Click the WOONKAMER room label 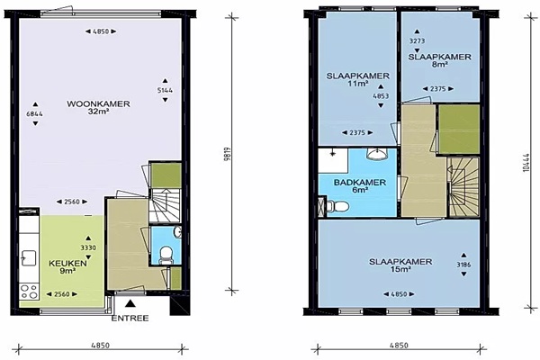pos(98,107)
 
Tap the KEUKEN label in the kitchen pos(67,267)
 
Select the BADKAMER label pos(360,185)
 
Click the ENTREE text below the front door pos(130,318)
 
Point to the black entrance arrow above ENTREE pos(130,303)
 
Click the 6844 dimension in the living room pos(35,113)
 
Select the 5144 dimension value pos(165,90)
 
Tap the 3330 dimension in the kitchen pos(88,247)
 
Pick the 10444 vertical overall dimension pos(526,162)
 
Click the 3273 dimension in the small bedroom pos(417,41)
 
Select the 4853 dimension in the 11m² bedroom pos(381,96)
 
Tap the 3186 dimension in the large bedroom pos(463,265)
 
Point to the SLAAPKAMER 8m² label pos(440,60)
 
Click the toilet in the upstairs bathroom pos(337,207)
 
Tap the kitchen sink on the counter pos(29,258)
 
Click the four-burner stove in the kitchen pos(29,291)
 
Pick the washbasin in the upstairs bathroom pos(378,154)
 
